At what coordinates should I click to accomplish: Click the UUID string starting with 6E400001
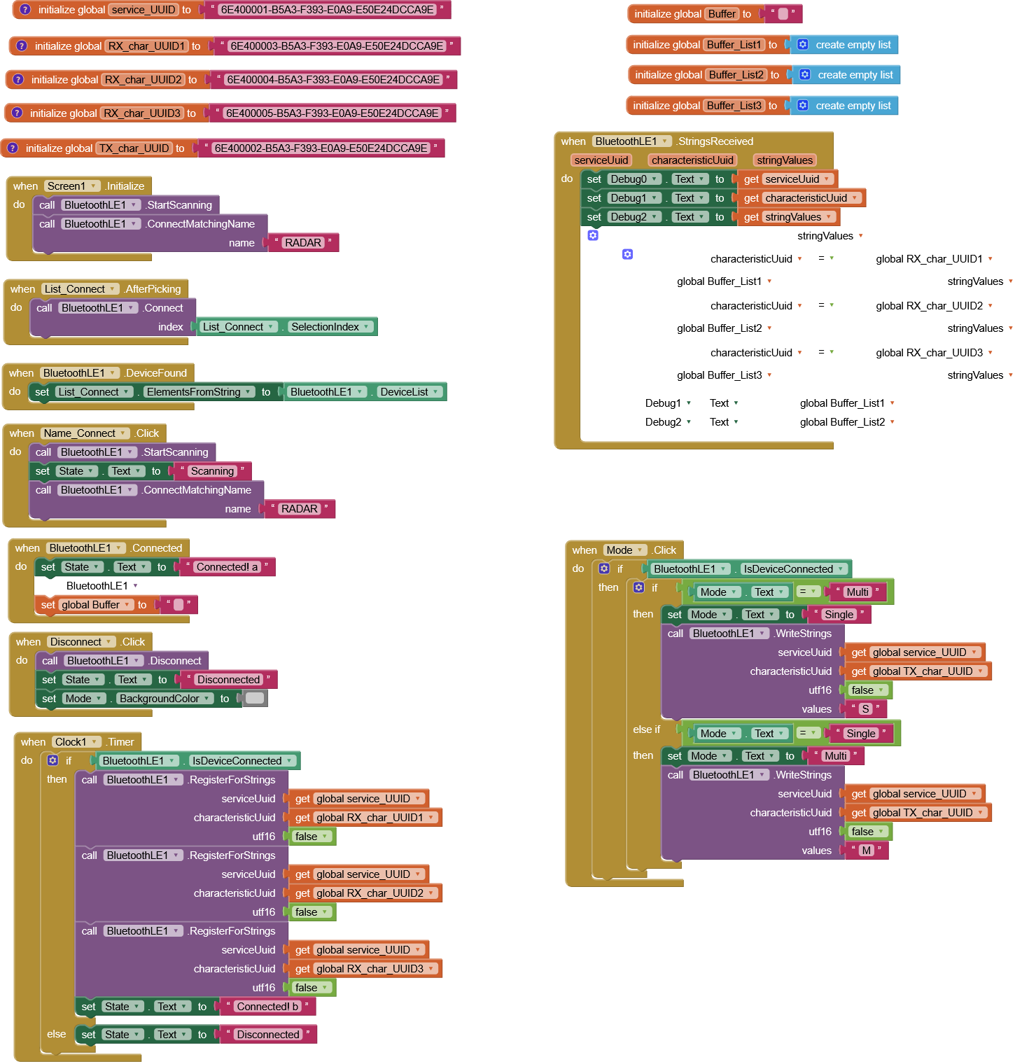327,10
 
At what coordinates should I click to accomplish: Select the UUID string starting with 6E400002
321,148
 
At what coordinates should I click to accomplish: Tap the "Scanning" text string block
212,471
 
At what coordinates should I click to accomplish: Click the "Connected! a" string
227,567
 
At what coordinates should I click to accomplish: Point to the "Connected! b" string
267,1007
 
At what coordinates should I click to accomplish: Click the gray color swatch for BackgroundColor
255,698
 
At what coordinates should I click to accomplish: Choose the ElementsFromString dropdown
199,392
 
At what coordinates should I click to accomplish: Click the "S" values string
865,709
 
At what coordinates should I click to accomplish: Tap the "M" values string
867,851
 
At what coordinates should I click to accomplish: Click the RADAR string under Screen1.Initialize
303,243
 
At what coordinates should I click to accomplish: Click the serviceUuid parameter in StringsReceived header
601,160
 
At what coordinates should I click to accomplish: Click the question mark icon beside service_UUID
25,10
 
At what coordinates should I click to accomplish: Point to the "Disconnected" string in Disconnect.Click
228,680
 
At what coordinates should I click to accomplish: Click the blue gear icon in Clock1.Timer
52,760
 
